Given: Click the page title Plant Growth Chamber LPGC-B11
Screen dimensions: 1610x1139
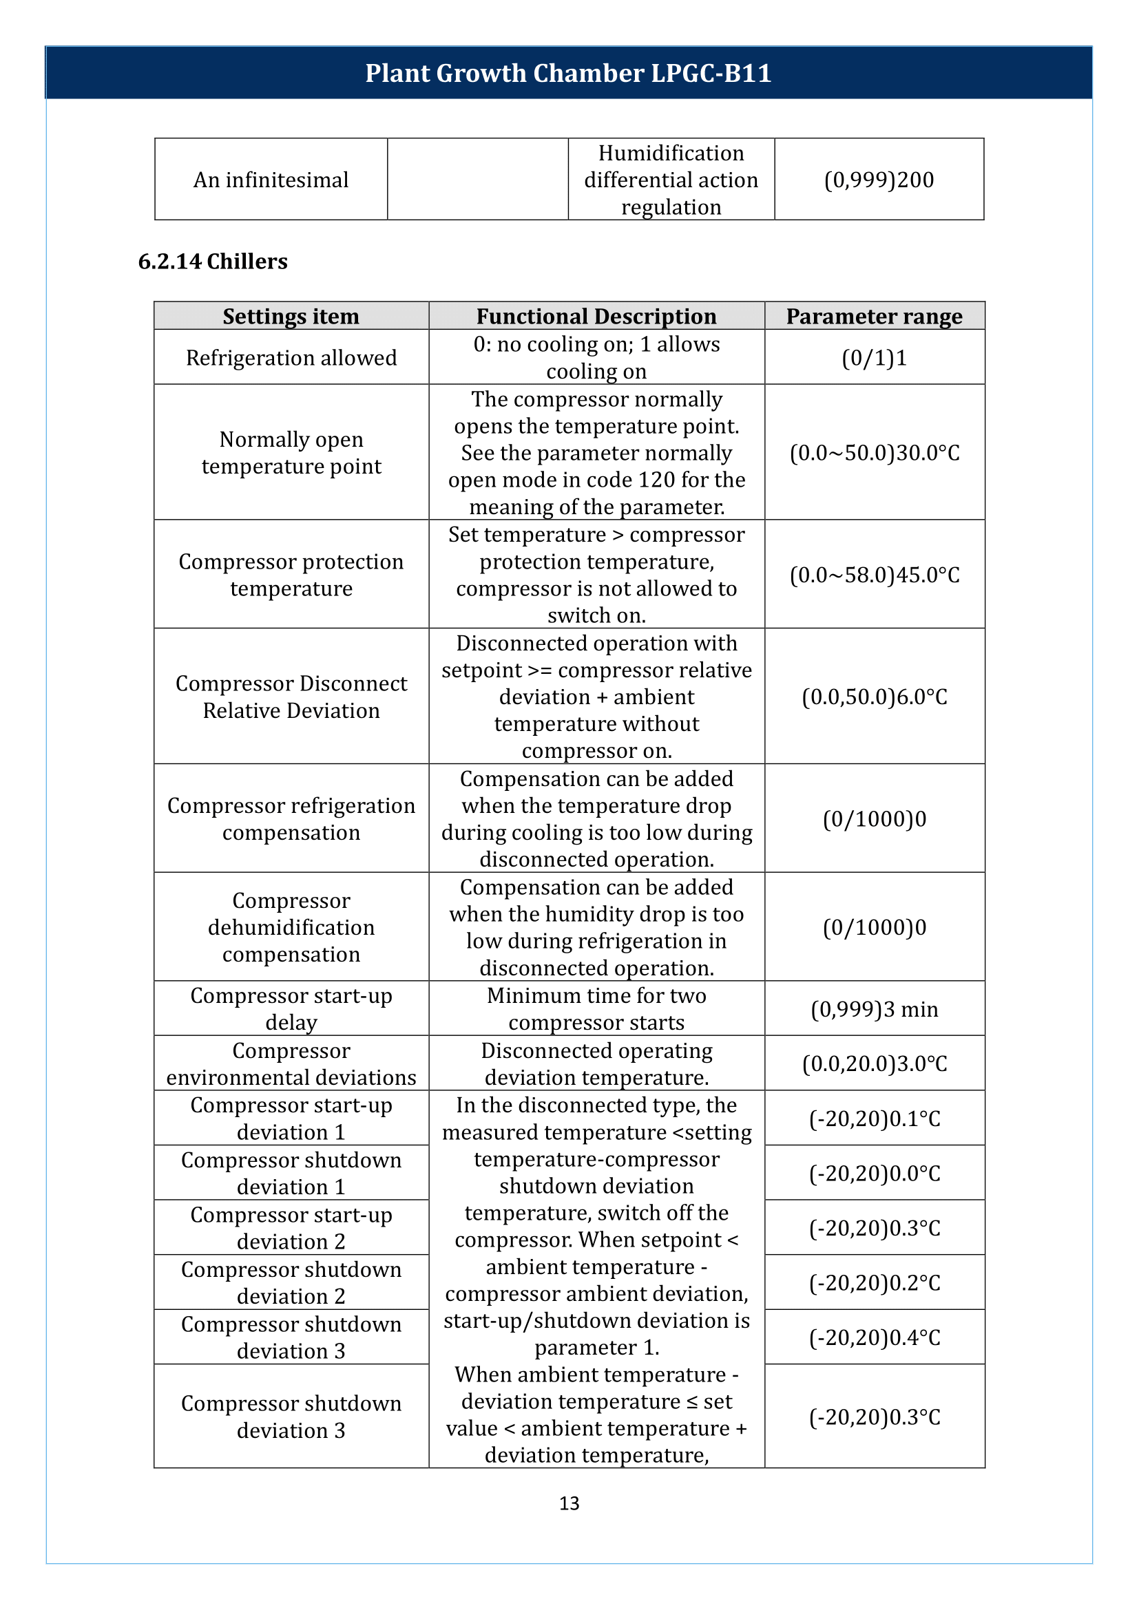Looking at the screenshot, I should [x=568, y=73].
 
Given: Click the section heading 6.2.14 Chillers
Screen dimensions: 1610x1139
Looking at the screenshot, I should [x=213, y=261].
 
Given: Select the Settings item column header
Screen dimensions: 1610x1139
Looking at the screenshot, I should [x=291, y=316].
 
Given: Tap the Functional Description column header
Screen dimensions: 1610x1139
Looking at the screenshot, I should [x=596, y=316].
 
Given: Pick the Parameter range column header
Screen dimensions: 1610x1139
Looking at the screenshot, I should [x=874, y=316].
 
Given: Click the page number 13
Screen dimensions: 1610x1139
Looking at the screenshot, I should [x=569, y=1503].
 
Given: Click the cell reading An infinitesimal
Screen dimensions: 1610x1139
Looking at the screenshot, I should [x=271, y=180].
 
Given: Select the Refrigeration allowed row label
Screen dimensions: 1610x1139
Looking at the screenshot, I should [x=291, y=358].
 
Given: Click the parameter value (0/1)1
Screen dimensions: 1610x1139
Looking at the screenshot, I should [x=874, y=358].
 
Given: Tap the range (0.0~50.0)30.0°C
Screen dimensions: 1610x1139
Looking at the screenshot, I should [x=874, y=452].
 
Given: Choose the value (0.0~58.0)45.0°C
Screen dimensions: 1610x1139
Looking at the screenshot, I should [x=874, y=575].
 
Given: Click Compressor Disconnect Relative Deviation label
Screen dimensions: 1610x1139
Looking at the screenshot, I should [x=291, y=697].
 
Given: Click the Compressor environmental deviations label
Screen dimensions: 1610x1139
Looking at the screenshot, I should [x=291, y=1063].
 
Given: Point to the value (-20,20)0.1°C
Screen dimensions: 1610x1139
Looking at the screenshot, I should [x=874, y=1119].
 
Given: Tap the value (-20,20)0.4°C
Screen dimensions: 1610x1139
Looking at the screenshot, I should [x=874, y=1337].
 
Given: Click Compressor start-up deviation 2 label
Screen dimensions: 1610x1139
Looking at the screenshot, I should [x=291, y=1228].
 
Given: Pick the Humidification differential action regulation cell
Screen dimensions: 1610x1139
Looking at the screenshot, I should [x=671, y=180].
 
